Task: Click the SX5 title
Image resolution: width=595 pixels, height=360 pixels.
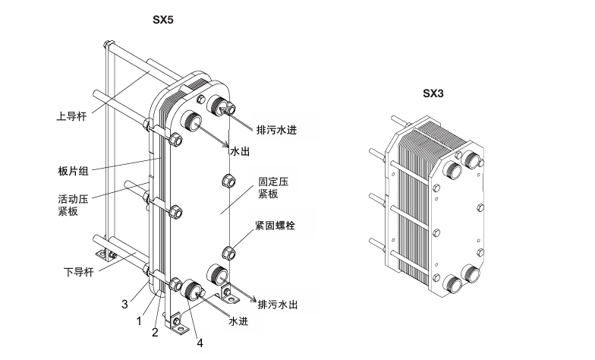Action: (x=165, y=21)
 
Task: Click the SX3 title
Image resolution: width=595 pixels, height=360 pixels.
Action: (x=433, y=94)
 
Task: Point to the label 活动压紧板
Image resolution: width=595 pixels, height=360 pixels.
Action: (x=72, y=205)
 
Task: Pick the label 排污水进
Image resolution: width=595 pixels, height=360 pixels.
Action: (x=276, y=130)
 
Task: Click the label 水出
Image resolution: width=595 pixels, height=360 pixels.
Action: (x=239, y=152)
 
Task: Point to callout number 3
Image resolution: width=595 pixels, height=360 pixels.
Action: (x=124, y=305)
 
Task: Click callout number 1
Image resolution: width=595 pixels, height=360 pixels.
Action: (x=139, y=321)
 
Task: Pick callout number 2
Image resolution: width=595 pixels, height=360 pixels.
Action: (x=155, y=331)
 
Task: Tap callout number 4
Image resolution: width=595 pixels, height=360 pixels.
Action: (x=200, y=343)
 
